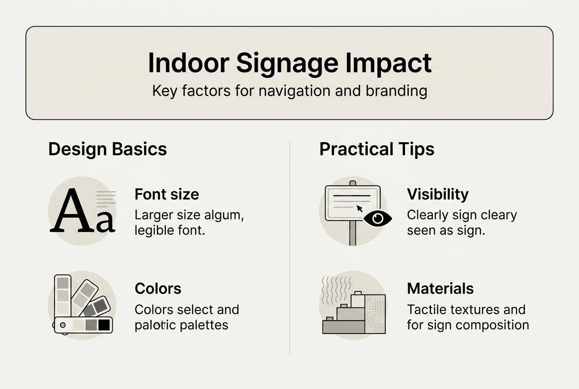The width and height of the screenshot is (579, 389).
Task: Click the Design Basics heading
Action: tap(108, 149)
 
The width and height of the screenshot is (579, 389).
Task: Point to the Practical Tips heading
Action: tap(377, 149)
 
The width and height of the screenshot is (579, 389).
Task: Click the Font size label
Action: tap(167, 194)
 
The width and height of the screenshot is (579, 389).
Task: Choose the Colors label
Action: tap(158, 289)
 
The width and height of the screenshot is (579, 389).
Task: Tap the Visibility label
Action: tap(437, 194)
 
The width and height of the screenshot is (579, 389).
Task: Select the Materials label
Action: tap(440, 289)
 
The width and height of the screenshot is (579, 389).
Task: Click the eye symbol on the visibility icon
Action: tap(377, 218)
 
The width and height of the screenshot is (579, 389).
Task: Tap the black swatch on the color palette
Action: tap(104, 325)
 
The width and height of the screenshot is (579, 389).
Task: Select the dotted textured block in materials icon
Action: tap(375, 314)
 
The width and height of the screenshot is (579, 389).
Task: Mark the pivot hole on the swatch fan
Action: tap(63, 325)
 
